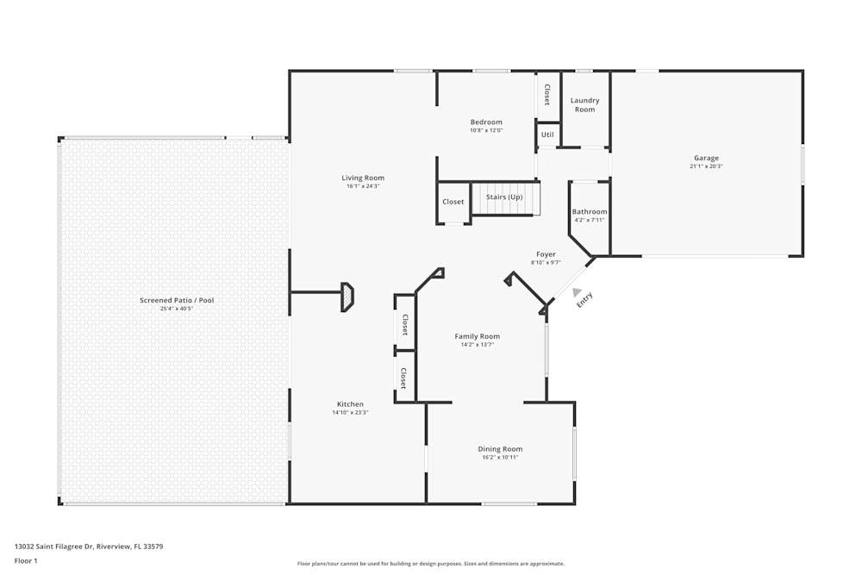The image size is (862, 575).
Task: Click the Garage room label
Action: (706, 158)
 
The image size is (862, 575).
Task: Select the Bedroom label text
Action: (486, 122)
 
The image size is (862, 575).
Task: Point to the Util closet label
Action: (547, 134)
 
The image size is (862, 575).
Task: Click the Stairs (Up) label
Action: (504, 197)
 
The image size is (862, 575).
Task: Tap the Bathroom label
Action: (590, 211)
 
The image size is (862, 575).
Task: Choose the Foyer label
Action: (546, 254)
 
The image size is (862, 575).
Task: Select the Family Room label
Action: (478, 336)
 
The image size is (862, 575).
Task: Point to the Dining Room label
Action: (500, 448)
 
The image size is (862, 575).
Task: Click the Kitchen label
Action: (350, 403)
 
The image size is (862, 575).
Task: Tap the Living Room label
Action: (363, 178)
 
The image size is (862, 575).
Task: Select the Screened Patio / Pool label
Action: (177, 300)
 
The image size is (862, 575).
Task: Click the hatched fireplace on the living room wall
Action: (347, 297)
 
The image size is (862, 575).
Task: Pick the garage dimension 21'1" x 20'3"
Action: (706, 166)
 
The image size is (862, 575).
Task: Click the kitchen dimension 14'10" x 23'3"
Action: (350, 413)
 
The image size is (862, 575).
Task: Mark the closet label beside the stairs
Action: (453, 202)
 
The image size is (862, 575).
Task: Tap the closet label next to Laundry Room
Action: (547, 94)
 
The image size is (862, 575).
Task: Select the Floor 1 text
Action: (26, 560)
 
